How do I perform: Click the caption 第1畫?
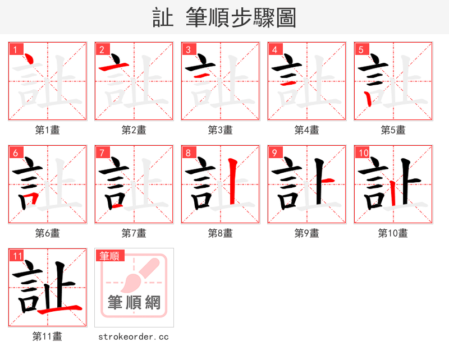pyautogui.click(x=48, y=130)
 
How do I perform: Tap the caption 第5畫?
pyautogui.click(x=393, y=130)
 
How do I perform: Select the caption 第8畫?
pyautogui.click(x=221, y=233)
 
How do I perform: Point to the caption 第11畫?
pyautogui.click(x=48, y=336)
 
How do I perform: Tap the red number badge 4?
pyautogui.click(x=275, y=49)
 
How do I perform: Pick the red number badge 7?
pyautogui.click(x=102, y=153)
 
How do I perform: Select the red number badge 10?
pyautogui.click(x=363, y=153)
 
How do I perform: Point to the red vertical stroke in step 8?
pyautogui.click(x=231, y=182)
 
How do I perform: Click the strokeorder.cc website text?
pyautogui.click(x=134, y=337)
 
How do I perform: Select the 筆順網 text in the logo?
pyautogui.click(x=134, y=303)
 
